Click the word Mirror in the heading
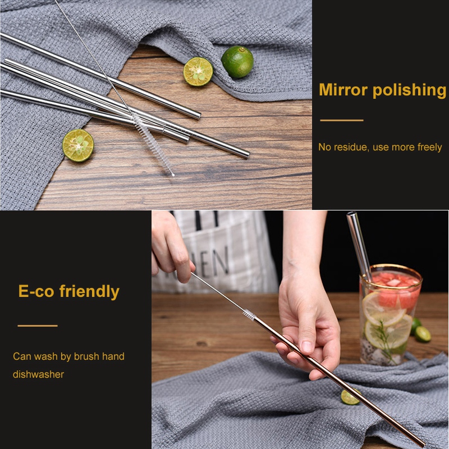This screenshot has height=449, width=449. (343, 90)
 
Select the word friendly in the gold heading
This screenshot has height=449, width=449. (89, 292)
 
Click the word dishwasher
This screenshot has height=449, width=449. (38, 374)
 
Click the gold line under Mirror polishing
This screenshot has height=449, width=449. (342, 120)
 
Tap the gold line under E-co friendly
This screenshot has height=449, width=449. (38, 326)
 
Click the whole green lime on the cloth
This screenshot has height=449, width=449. (237, 62)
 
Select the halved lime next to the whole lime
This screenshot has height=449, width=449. (198, 72)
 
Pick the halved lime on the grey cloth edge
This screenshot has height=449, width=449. (78, 145)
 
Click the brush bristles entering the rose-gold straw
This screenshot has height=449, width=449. (249, 315)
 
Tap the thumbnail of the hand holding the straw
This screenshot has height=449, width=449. (306, 347)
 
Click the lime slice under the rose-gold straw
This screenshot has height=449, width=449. (350, 397)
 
